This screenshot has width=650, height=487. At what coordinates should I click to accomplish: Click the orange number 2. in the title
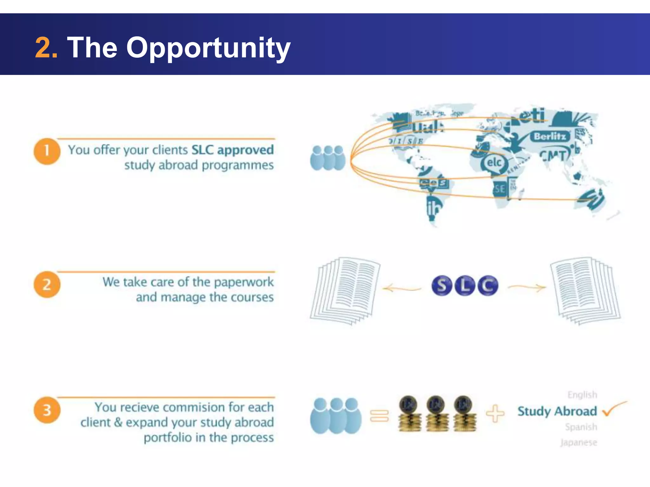[x=46, y=48]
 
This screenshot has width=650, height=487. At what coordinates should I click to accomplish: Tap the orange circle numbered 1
[x=47, y=151]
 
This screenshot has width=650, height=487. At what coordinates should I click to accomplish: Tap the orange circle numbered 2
[x=47, y=284]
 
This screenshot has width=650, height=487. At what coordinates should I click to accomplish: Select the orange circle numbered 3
[x=47, y=410]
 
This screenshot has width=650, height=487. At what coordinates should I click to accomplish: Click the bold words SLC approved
[x=233, y=150]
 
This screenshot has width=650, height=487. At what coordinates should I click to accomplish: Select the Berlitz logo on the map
[x=550, y=136]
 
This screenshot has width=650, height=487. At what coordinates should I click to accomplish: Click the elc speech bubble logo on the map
[x=494, y=163]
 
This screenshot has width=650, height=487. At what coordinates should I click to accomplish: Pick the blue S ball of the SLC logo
[x=441, y=285]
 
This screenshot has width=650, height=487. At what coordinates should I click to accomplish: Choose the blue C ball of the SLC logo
[x=488, y=285]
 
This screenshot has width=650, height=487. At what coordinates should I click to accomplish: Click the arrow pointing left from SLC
[x=401, y=289]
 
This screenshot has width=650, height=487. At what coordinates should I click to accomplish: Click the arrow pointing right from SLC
[x=527, y=288]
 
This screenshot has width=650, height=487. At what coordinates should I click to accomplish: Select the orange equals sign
[x=379, y=416]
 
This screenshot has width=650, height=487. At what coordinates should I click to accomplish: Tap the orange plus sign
[x=495, y=413]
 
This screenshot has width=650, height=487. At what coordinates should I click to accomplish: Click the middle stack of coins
[x=437, y=414]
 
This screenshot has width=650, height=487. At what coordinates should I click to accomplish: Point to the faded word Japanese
[x=578, y=442]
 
